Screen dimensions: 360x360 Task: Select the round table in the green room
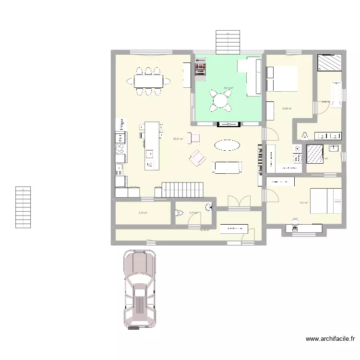[x=220, y=100]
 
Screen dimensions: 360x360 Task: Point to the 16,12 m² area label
[x=228, y=88]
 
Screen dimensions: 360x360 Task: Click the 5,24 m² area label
[x=143, y=213]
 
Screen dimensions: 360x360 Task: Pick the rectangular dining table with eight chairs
[x=149, y=82]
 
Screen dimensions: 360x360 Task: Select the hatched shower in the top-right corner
[x=330, y=62]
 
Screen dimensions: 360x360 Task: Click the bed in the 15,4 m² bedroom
[x=326, y=201]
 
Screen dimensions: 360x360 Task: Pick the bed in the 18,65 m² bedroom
[x=282, y=79]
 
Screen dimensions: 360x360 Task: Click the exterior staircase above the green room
[x=228, y=42]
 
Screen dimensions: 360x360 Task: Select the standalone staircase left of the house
[x=23, y=207]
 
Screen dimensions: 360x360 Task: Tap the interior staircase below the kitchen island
[x=183, y=189]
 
